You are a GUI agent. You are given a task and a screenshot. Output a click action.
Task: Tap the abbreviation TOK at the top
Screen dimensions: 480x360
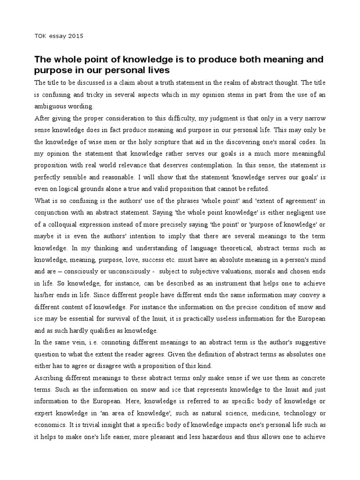[x=41, y=36]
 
